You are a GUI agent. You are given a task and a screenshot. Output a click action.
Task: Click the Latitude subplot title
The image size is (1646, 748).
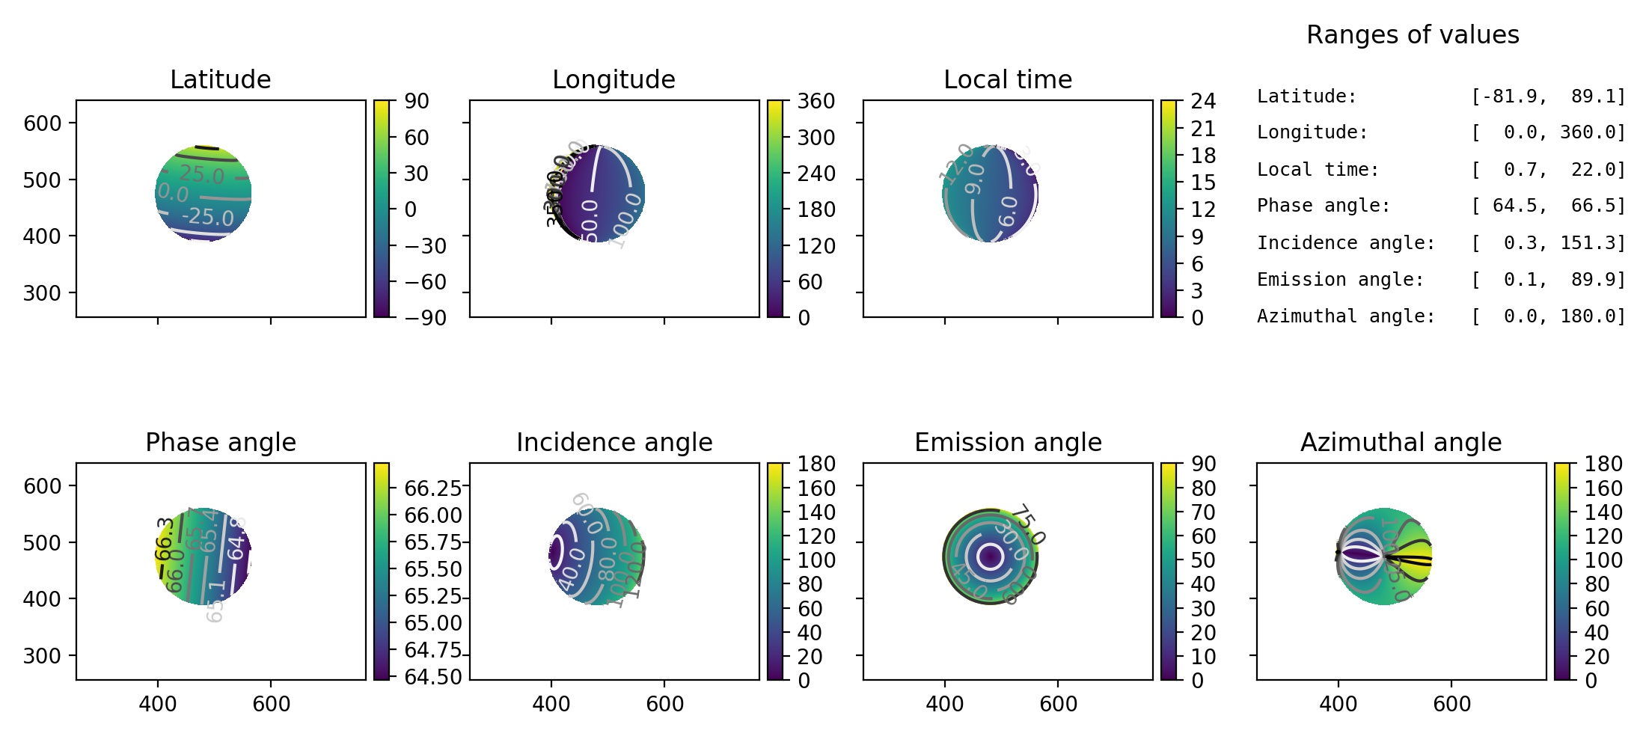pyautogui.click(x=220, y=79)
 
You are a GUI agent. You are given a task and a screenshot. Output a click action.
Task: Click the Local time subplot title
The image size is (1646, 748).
pyautogui.click(x=1007, y=79)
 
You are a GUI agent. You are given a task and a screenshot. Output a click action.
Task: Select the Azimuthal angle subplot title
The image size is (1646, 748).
pyautogui.click(x=1401, y=442)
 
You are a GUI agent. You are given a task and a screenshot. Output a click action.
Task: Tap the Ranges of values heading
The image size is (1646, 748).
pyautogui.click(x=1413, y=35)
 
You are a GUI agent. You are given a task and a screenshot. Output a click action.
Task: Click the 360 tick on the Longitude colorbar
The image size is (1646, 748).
pyautogui.click(x=816, y=101)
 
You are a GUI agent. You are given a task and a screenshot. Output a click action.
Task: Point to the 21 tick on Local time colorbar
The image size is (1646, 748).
pyautogui.click(x=1203, y=129)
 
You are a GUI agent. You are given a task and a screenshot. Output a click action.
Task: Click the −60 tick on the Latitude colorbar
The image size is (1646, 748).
pyautogui.click(x=425, y=282)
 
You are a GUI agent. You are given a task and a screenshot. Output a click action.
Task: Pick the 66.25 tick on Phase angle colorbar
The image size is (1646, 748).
pyautogui.click(x=432, y=488)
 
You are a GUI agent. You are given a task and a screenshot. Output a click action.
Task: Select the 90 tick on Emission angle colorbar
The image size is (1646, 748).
pyautogui.click(x=1203, y=464)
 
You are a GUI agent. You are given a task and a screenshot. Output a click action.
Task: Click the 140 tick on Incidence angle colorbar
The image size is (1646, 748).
pyautogui.click(x=816, y=512)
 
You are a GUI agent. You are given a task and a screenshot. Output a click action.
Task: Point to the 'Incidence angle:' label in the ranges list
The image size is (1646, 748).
pyautogui.click(x=1345, y=243)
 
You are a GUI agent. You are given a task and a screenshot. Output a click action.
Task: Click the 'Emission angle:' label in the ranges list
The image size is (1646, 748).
pyautogui.click(x=1340, y=280)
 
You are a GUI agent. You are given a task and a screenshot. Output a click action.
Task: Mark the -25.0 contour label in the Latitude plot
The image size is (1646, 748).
pyautogui.click(x=207, y=217)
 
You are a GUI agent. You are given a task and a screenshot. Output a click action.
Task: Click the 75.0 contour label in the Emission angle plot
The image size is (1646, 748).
pyautogui.click(x=1032, y=523)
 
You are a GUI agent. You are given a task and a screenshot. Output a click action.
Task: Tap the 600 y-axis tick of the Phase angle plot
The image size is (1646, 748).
pyautogui.click(x=42, y=486)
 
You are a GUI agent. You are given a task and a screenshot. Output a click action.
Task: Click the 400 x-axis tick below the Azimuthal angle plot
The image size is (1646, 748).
pyautogui.click(x=1338, y=704)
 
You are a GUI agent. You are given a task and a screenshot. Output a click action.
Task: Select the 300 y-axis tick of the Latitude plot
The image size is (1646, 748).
pyautogui.click(x=42, y=293)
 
